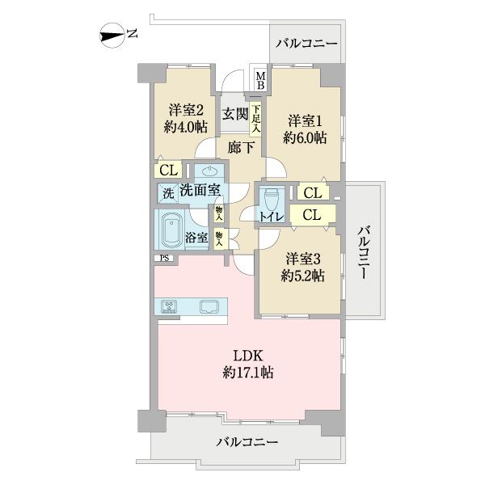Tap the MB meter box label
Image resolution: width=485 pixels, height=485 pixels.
260,80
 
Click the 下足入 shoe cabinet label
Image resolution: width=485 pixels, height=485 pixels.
255,118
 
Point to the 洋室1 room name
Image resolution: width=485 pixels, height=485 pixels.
304,121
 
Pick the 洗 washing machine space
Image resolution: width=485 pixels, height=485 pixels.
167,193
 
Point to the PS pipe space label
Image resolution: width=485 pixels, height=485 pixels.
164,258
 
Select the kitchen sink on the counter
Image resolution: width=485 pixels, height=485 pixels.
207,306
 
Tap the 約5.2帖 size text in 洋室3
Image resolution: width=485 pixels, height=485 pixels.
304,276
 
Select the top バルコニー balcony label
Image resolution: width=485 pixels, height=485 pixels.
305,42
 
